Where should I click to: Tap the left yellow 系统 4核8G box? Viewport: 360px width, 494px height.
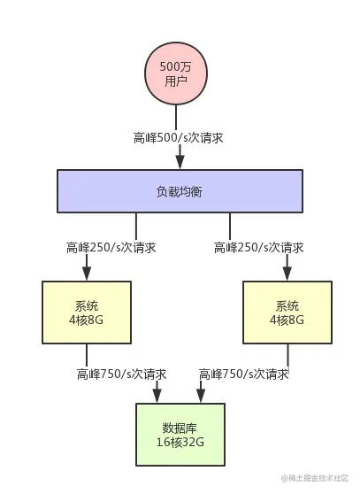pyautogui.click(x=87, y=312)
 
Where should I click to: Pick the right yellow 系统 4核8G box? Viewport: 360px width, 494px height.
pyautogui.click(x=287, y=312)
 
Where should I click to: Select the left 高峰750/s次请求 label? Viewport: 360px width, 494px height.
pyautogui.click(x=121, y=374)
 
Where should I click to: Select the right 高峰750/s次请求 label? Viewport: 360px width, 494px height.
pyautogui.click(x=244, y=374)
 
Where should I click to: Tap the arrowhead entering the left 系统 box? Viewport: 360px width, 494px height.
pyautogui.click(x=86, y=274)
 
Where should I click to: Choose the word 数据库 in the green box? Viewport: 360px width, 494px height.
pyautogui.click(x=180, y=426)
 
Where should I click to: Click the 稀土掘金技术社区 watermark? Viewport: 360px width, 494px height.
pyautogui.click(x=319, y=479)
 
